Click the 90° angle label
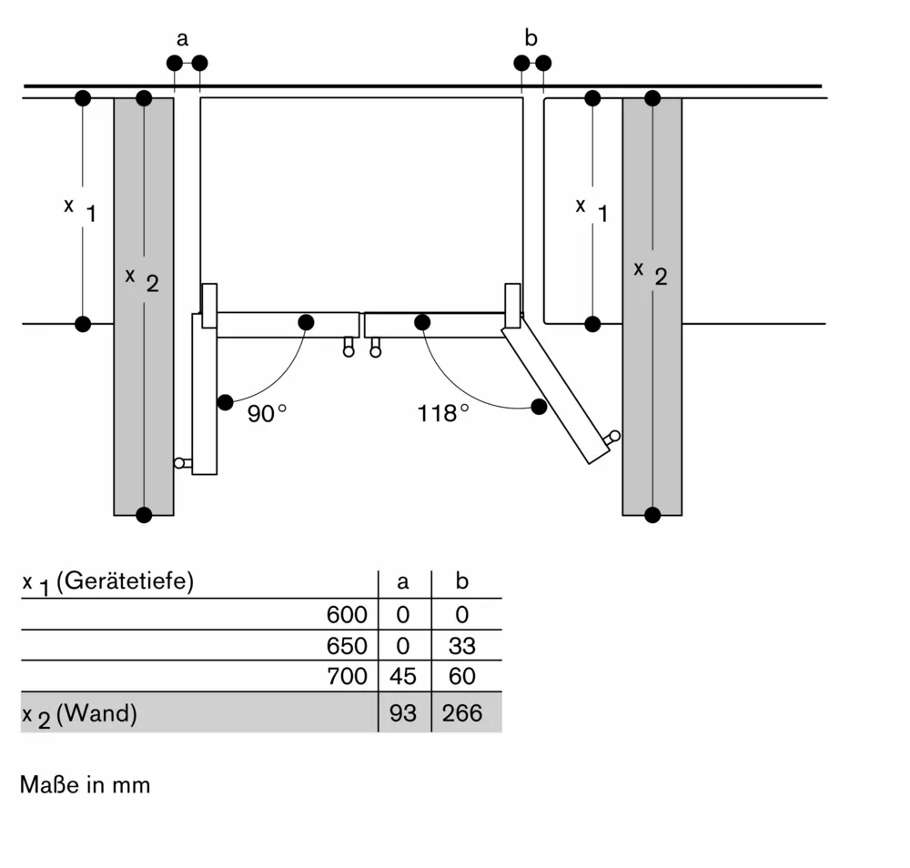click(x=266, y=413)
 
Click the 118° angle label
click(x=443, y=413)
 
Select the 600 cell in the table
click(x=347, y=615)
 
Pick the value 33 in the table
click(x=462, y=646)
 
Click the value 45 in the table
click(x=403, y=676)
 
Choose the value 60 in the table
click(x=462, y=676)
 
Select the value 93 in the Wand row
click(x=403, y=713)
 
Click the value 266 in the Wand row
click(x=462, y=713)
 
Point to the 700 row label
click(x=347, y=676)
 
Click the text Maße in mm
click(x=85, y=784)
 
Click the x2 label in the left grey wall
click(x=142, y=278)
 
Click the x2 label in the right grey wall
click(x=651, y=272)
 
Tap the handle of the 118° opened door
click(x=614, y=437)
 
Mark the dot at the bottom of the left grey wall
click(x=143, y=515)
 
